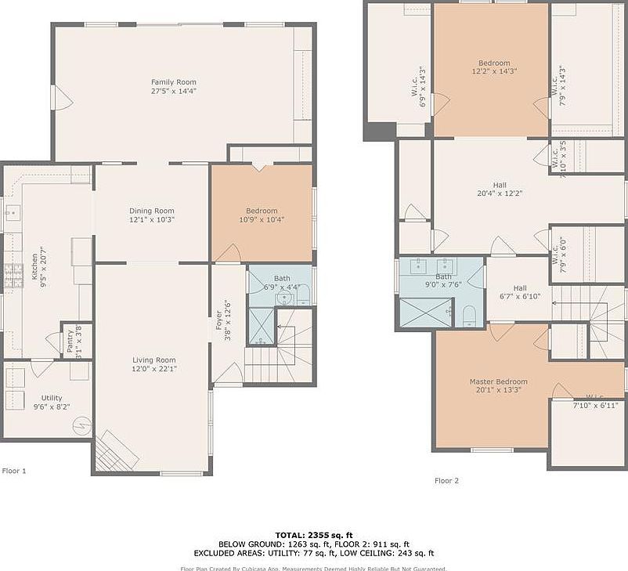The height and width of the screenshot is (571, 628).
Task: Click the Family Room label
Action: coord(173,82)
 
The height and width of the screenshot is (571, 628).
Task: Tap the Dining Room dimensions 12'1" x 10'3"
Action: coord(152,220)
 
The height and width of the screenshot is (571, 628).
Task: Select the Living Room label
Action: coord(153,360)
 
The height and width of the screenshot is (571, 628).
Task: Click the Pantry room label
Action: coord(69,342)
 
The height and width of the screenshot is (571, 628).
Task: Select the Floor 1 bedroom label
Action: coord(262,211)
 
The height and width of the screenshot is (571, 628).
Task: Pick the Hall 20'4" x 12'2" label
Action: coord(499,185)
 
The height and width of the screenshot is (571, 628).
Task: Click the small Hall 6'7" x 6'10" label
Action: coord(520,287)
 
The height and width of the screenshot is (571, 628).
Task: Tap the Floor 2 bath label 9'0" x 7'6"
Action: coord(443,276)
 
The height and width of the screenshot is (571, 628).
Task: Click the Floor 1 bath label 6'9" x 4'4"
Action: coord(281,279)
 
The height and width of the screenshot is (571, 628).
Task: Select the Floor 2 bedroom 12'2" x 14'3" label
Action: coord(494,63)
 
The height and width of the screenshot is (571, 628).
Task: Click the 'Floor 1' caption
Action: coord(14,471)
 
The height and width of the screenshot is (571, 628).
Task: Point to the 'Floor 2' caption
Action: coord(446,480)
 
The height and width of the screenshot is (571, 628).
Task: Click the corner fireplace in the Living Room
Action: coord(114,452)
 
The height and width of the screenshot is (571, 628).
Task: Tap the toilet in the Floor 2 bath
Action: coord(468,316)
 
